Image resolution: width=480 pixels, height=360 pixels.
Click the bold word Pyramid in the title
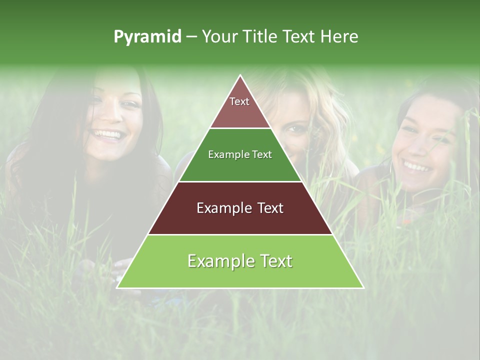point(147,37)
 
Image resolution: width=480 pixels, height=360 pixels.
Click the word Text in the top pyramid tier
point(239,101)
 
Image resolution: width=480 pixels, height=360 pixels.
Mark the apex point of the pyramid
point(240,75)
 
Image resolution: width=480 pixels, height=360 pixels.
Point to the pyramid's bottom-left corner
point(117,287)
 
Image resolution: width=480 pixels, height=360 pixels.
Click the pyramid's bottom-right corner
point(363,287)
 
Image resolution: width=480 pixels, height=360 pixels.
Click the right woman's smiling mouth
point(417,165)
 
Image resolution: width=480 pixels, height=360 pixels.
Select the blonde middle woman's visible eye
point(296,129)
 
